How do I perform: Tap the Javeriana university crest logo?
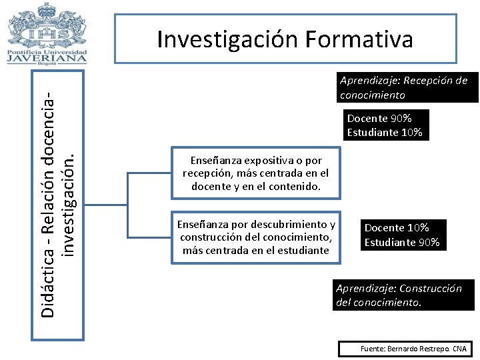47,25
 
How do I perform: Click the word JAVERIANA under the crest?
47,57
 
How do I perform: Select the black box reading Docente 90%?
385,125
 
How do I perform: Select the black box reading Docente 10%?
402,235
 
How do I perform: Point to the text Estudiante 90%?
402,243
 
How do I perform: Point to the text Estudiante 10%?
385,133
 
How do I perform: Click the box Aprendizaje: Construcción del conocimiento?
404,295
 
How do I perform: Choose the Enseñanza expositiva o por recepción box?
256,173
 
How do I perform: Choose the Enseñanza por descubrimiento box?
256,237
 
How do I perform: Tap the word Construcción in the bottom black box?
429,289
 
